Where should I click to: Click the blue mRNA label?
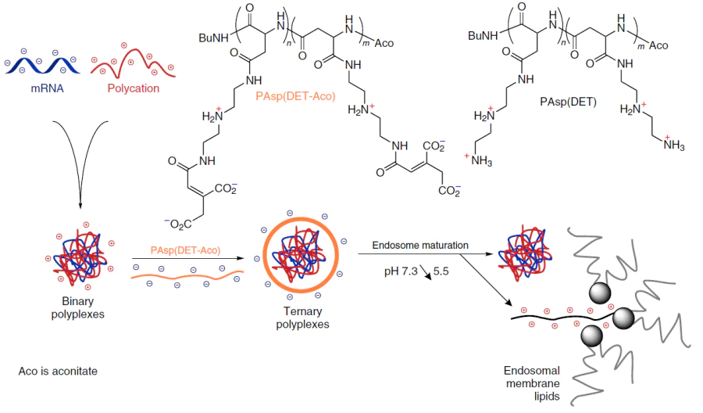tap(47, 88)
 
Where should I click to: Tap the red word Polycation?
tap(133, 88)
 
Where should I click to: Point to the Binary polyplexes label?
tap(77, 307)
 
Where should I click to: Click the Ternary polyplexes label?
tap(302, 318)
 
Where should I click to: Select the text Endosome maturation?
tap(420, 246)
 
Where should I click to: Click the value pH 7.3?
tap(401, 271)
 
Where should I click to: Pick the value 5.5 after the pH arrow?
tap(441, 271)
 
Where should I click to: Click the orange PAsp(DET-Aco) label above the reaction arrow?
tap(185, 250)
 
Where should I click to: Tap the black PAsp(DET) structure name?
tap(568, 102)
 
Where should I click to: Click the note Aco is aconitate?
tap(58, 372)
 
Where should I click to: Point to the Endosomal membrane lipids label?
tap(532, 383)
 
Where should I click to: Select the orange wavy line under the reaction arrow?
tap(187, 275)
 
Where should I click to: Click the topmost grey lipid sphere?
tap(600, 293)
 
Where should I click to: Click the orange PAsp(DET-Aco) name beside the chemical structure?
tap(295, 96)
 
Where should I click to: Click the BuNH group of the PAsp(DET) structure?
tap(483, 35)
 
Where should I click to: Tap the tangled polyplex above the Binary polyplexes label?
tap(80, 257)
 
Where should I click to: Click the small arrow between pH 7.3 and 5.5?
tap(426, 272)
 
